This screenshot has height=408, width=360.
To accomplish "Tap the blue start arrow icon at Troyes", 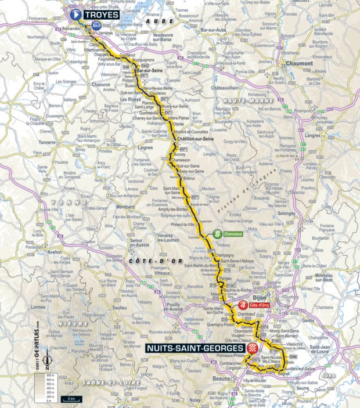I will coord(75,15).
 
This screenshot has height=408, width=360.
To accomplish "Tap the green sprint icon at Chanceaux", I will coord(217,235).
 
